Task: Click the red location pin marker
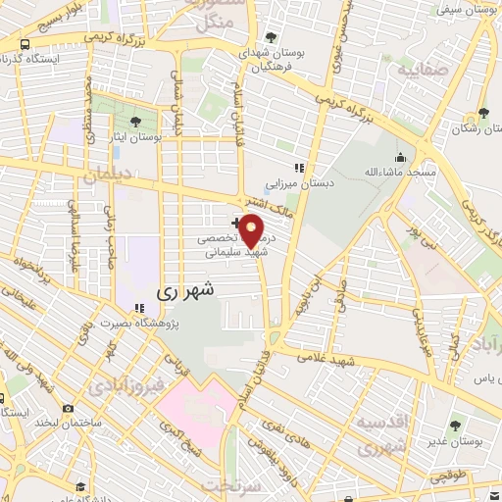(x=252, y=229)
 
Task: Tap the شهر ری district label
(x=183, y=292)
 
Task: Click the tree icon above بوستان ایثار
(x=135, y=122)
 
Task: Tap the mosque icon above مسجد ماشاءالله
(x=399, y=157)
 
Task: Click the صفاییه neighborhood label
(x=419, y=71)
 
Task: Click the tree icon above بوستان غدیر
(x=455, y=425)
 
